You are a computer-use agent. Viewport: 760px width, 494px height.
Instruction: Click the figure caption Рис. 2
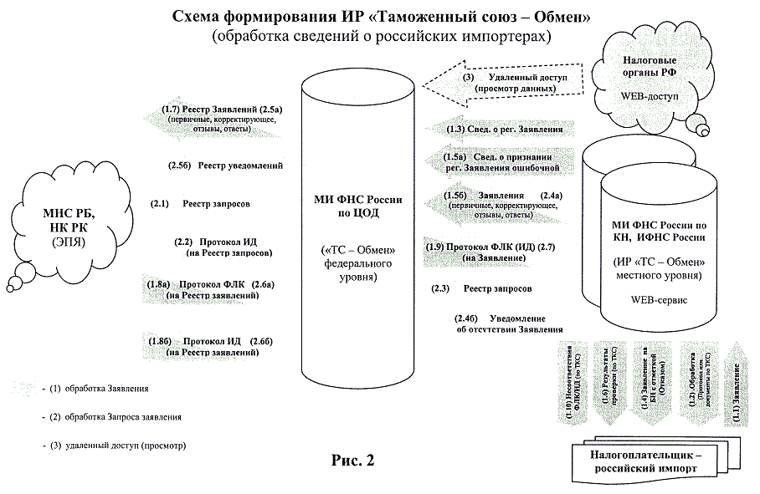(x=353, y=460)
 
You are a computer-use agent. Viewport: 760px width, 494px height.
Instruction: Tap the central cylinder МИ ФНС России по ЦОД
(x=357, y=226)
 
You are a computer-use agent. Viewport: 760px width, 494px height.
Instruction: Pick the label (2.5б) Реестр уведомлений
(x=228, y=166)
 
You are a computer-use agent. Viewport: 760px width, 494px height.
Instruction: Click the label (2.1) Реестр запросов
(x=200, y=203)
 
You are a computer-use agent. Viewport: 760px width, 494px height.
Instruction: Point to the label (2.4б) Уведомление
(x=501, y=323)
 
